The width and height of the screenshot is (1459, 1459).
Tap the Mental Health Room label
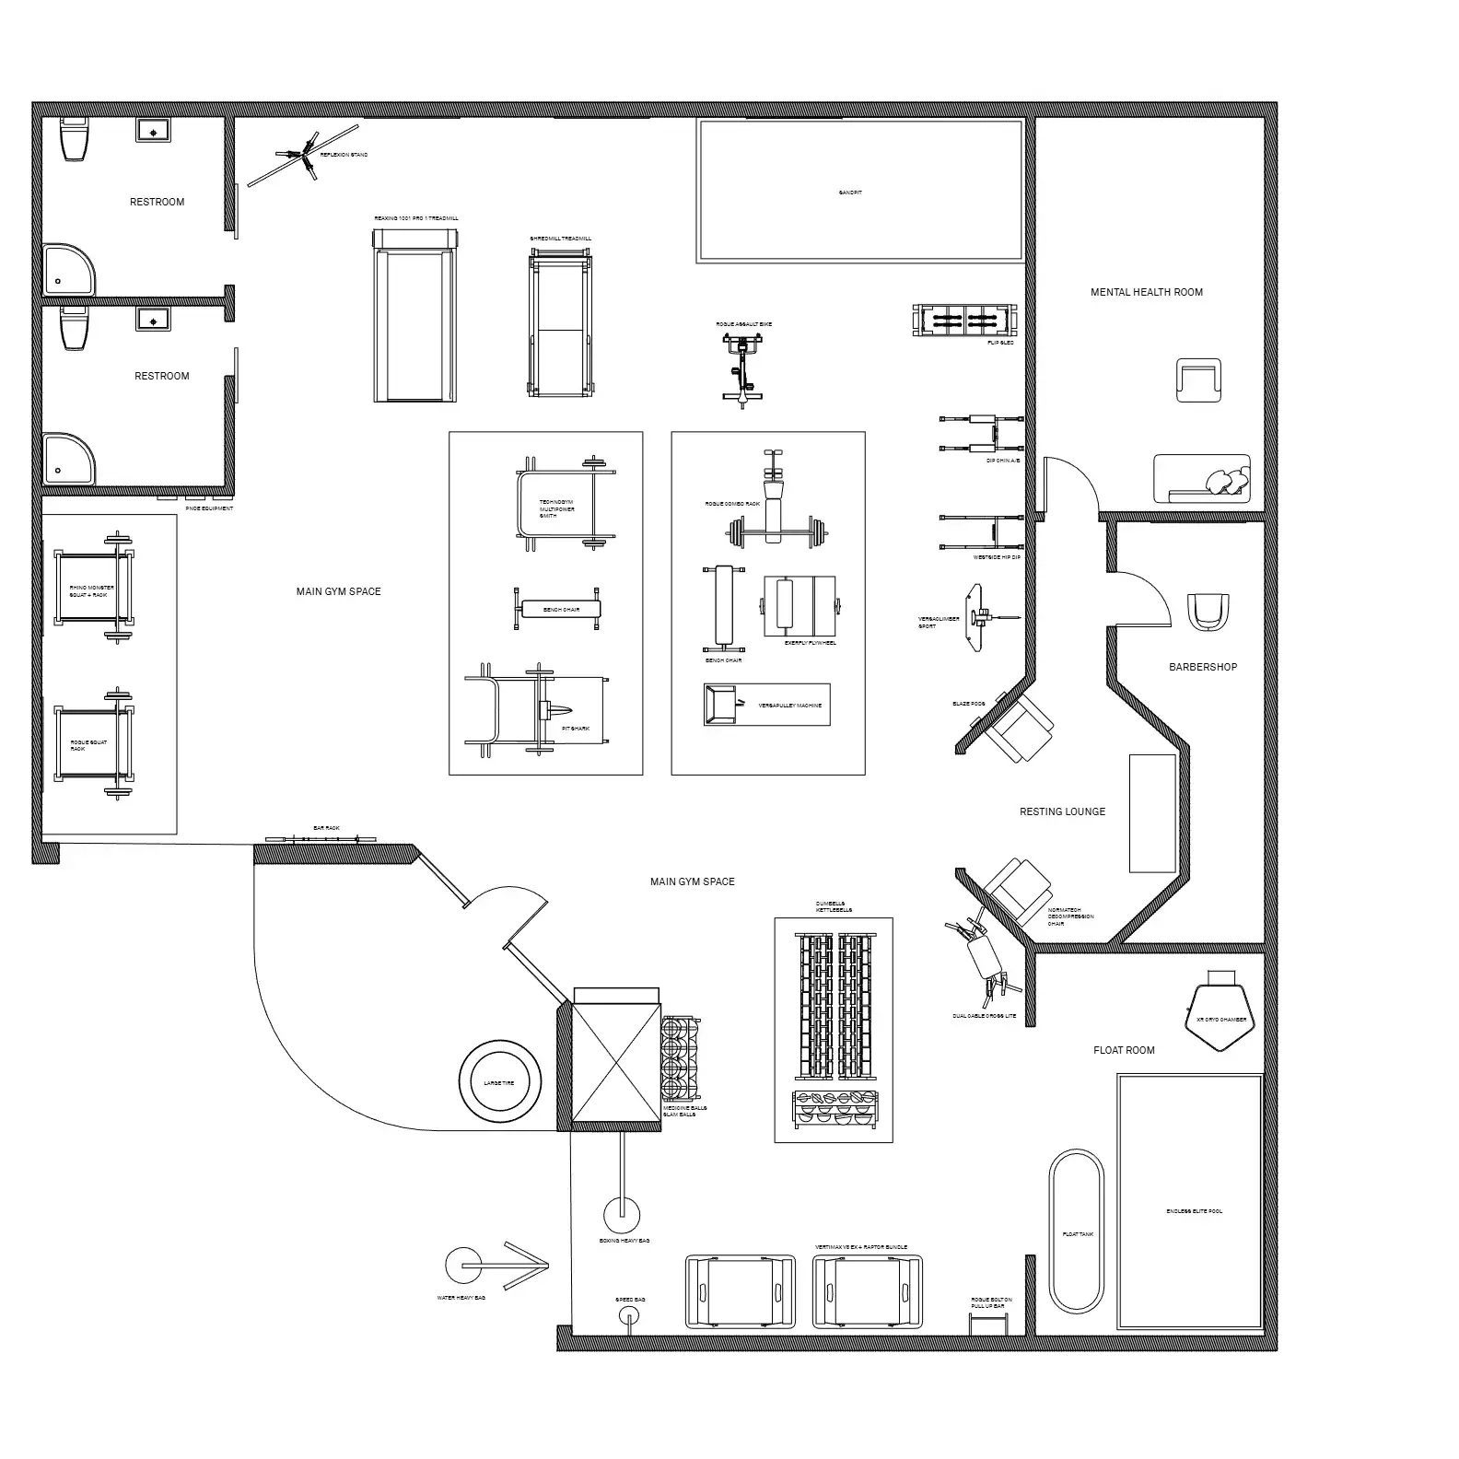click(1147, 292)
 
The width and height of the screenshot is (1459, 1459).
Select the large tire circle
click(499, 1083)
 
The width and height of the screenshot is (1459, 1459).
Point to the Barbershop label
click(1203, 667)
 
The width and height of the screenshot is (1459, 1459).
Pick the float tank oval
click(1076, 1231)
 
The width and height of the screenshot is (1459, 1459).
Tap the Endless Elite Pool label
click(1194, 1211)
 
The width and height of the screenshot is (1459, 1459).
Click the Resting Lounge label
click(1062, 811)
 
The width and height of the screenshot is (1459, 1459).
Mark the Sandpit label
click(850, 193)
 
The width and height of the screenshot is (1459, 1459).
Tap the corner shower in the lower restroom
click(66, 459)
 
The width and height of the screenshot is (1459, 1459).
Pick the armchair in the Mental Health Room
click(1198, 380)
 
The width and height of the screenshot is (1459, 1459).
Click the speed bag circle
click(629, 1314)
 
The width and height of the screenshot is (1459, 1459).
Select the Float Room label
click(1124, 1050)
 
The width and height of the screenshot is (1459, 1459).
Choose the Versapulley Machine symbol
click(766, 705)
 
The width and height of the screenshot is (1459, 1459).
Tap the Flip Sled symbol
click(965, 321)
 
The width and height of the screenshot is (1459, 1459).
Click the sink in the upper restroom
click(153, 130)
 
